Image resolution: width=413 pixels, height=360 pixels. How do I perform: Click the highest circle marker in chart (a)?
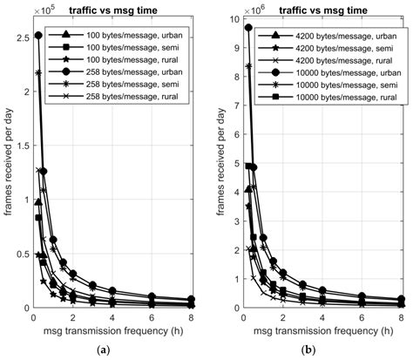[37, 36]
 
